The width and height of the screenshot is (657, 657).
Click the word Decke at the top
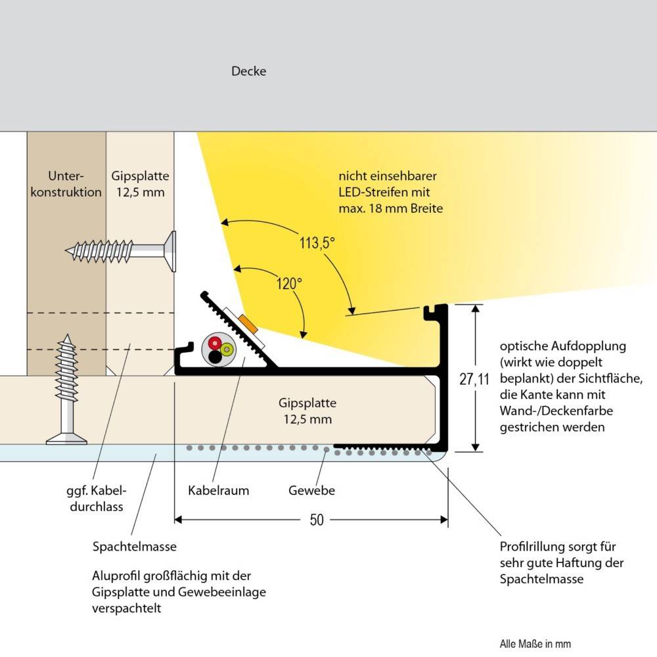coord(248,71)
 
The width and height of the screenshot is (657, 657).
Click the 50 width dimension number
coord(317,520)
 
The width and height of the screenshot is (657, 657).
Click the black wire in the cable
coord(215,357)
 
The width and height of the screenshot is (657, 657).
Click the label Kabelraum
coord(218,490)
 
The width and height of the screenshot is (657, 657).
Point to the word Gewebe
coord(311,490)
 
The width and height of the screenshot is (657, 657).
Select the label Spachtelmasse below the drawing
coord(134,546)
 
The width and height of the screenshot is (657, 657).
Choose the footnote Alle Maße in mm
coord(530,644)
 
